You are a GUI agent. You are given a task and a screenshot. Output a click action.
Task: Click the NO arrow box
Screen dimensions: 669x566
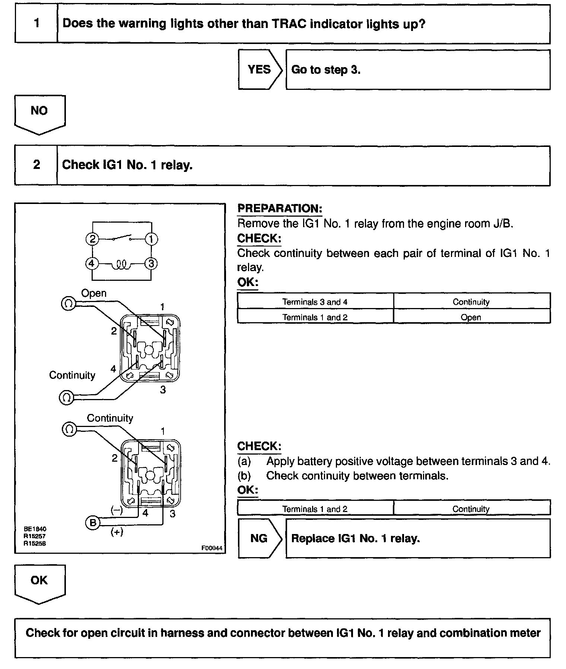point(39,111)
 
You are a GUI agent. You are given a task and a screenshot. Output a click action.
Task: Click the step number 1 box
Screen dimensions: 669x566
point(36,23)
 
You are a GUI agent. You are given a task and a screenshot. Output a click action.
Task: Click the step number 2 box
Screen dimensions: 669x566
point(36,165)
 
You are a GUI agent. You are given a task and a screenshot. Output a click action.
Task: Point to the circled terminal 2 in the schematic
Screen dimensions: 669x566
point(92,239)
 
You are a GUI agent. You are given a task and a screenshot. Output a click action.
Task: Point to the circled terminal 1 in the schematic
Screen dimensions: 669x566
point(151,239)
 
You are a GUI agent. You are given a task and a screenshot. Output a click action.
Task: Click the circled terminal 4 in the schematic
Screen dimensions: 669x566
point(92,264)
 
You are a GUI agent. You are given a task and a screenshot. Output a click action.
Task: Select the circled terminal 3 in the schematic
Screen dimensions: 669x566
point(151,264)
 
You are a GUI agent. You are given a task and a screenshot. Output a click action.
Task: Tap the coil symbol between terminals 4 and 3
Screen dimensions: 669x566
point(121,265)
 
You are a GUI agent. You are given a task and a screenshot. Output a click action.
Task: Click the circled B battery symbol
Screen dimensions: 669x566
point(92,522)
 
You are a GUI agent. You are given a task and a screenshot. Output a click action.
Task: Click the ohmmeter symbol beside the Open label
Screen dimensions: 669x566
point(68,304)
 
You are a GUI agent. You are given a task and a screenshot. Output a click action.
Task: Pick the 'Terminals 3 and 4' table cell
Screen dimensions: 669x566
point(315,302)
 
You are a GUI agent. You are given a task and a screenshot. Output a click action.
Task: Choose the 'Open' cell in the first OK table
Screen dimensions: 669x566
point(471,317)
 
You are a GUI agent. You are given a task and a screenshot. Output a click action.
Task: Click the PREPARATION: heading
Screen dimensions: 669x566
point(280,208)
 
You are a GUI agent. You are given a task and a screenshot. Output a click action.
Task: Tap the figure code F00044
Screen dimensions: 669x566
point(212,548)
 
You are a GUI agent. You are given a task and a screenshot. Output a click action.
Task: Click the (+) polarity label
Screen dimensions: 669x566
point(117,532)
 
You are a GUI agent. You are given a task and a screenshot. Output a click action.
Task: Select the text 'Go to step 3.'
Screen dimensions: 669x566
point(326,70)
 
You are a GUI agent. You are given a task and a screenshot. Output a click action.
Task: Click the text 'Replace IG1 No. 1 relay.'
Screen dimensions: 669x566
point(355,538)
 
